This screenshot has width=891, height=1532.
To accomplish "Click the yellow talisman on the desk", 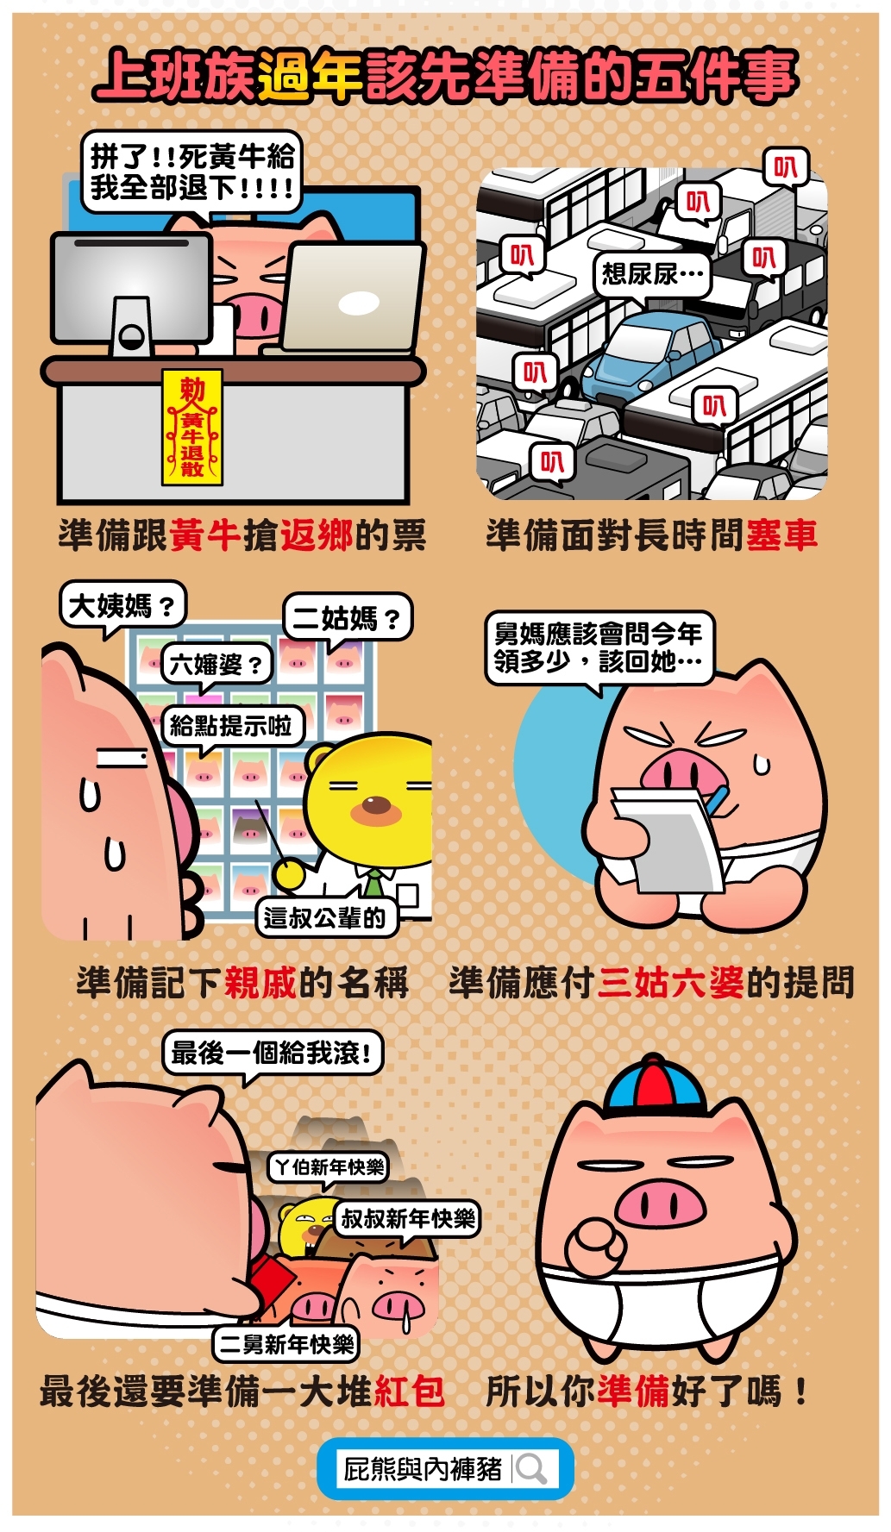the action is [192, 428].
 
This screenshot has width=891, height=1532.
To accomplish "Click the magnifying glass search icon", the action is [532, 1469].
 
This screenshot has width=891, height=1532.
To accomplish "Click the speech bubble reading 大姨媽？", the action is [122, 605].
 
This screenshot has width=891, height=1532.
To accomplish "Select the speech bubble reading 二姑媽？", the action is [347, 617].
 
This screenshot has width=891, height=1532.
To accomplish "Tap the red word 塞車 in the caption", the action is [781, 535].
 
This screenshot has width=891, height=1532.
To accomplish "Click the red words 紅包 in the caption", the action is [409, 1391].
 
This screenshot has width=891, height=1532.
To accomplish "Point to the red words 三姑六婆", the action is [671, 983].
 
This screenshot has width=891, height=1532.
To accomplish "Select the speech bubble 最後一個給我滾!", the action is [273, 1054].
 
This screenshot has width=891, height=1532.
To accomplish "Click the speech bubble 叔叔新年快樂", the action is [406, 1219].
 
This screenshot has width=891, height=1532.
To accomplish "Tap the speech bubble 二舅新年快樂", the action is [286, 1344].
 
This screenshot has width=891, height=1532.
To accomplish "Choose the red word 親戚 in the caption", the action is [260, 983].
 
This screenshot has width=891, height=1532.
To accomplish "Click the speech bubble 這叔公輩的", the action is [325, 917].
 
